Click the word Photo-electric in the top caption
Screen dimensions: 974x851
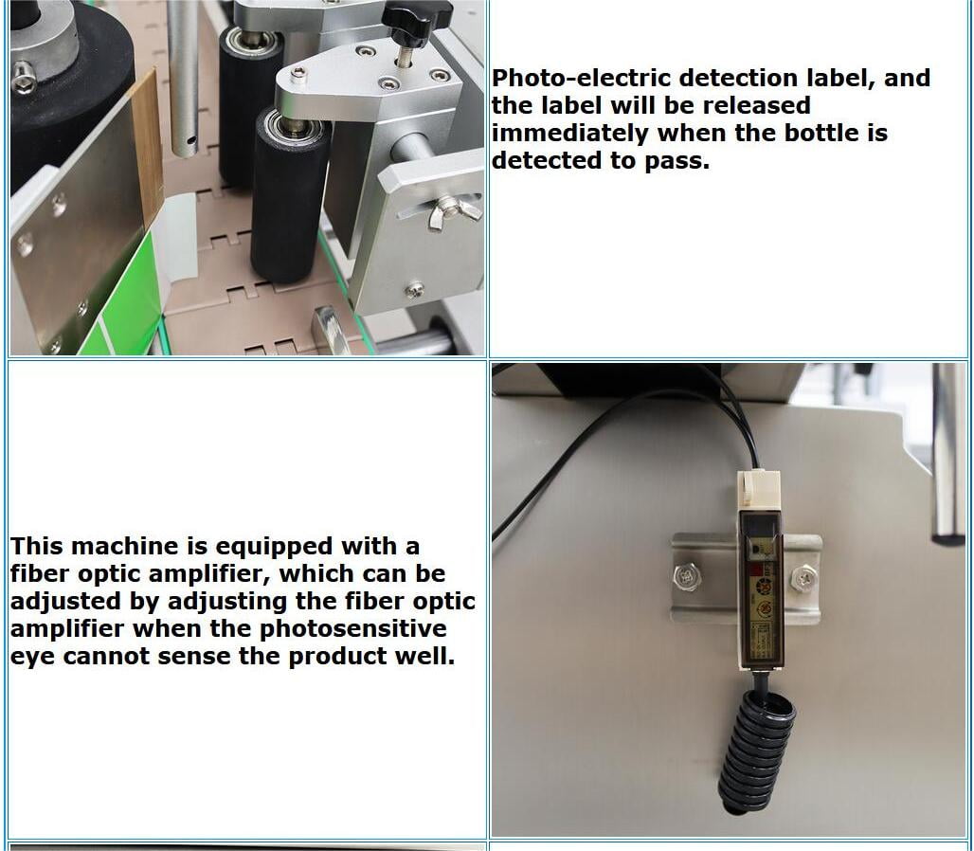[x=581, y=79]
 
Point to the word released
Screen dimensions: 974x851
[x=756, y=105]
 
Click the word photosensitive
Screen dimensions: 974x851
[x=352, y=629]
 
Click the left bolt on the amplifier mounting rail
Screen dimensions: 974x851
[x=687, y=577]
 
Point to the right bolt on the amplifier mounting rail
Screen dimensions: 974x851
[x=803, y=578]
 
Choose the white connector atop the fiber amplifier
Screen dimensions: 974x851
[x=758, y=488]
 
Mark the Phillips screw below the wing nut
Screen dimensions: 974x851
[x=415, y=289]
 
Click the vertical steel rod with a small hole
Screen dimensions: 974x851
[x=184, y=79]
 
